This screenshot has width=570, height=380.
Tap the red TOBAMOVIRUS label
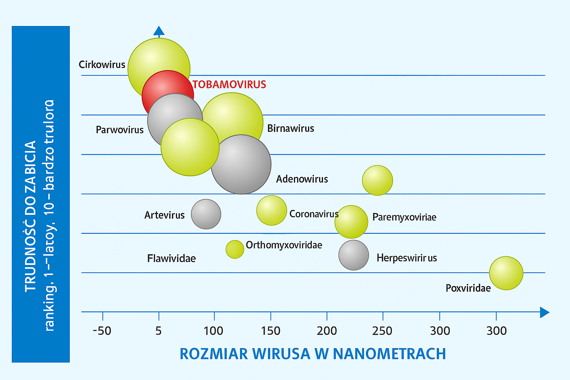pyautogui.click(x=229, y=85)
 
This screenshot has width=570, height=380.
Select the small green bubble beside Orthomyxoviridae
pyautogui.click(x=235, y=249)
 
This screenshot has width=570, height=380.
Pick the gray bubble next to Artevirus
pyautogui.click(x=206, y=214)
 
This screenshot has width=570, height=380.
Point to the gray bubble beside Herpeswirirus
pyautogui.click(x=353, y=255)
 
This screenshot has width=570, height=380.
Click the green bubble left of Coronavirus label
pyautogui.click(x=272, y=210)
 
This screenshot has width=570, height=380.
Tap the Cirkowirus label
pyautogui.click(x=102, y=65)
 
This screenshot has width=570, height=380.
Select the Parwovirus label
pyautogui.click(x=119, y=130)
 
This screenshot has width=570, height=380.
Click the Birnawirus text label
pyautogui.click(x=291, y=128)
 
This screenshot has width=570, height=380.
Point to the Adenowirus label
pyautogui.click(x=302, y=179)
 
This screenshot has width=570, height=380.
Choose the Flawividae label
pyautogui.click(x=171, y=258)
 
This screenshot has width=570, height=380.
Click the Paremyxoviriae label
pyautogui.click(x=404, y=217)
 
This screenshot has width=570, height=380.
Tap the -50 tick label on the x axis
pyautogui.click(x=102, y=331)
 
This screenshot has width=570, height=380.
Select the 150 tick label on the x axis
pyautogui.click(x=271, y=331)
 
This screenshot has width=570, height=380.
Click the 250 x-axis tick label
pyautogui.click(x=382, y=331)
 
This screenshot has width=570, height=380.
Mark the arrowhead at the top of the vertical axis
pyautogui.click(x=159, y=31)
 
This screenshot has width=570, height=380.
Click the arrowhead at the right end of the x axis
pyautogui.click(x=544, y=312)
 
